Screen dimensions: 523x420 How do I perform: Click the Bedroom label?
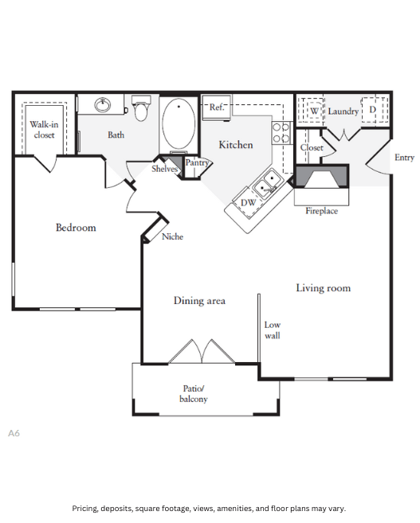[76, 228]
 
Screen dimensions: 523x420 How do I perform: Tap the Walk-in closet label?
[44, 130]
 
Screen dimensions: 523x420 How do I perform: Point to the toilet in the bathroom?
[142, 108]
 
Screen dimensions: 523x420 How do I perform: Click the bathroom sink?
[103, 104]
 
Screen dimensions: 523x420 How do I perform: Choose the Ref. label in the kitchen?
[217, 107]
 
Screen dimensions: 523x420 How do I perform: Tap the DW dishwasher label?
[248, 203]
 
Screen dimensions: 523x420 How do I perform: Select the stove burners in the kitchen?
[281, 132]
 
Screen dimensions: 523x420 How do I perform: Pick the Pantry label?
[197, 162]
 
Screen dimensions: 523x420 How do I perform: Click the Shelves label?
[164, 169]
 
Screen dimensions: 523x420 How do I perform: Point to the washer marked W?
[314, 111]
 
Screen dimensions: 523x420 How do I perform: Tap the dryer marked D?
[372, 110]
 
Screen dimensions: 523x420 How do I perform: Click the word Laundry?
[343, 111]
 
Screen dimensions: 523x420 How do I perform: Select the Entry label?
[404, 158]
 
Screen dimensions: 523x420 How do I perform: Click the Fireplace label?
[321, 211]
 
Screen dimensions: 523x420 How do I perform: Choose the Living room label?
[323, 287]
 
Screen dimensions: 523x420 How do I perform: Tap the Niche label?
[172, 236]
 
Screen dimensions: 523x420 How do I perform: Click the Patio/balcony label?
[194, 393]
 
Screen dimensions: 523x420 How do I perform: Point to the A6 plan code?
[14, 433]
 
